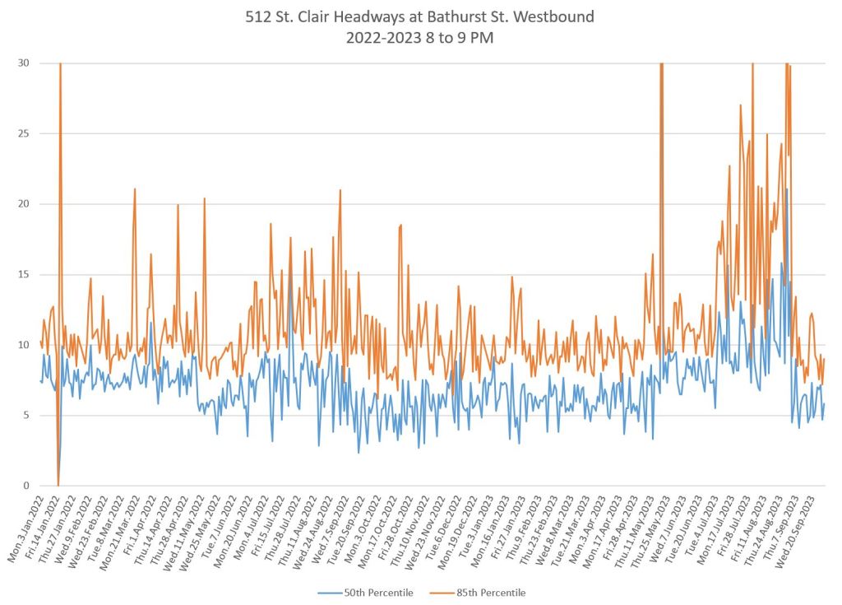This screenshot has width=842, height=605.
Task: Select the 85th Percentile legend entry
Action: pyautogui.click(x=490, y=593)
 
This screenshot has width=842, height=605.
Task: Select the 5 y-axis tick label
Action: pyautogui.click(x=27, y=416)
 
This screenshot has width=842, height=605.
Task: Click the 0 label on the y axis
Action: pyautogui.click(x=27, y=486)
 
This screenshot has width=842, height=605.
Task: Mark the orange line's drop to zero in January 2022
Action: pyautogui.click(x=58, y=485)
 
